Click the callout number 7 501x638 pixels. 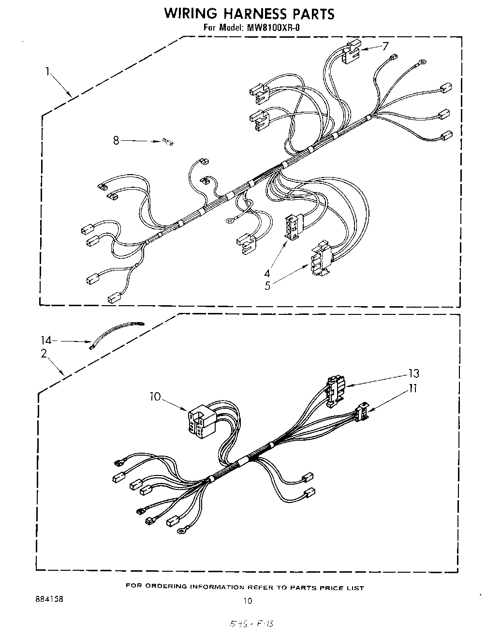coord(385,46)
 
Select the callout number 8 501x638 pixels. coord(116,141)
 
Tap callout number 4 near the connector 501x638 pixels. coord(267,273)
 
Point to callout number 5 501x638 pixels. coord(267,285)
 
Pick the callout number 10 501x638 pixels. coord(155,397)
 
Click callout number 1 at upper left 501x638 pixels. coord(48,73)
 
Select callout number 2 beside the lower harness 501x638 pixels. coord(44,354)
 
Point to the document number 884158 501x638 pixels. coord(49,599)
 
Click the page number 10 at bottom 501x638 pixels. coord(248,602)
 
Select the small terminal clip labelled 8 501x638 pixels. coord(168,142)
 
